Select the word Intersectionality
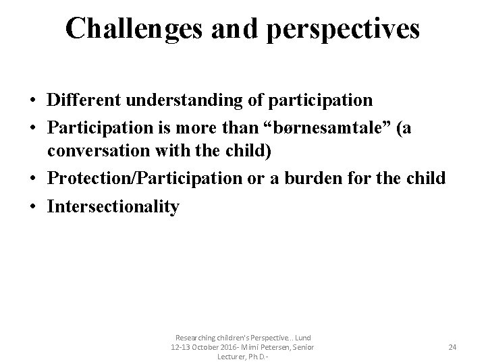pos(113,206)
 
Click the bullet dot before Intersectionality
pos(32,206)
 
